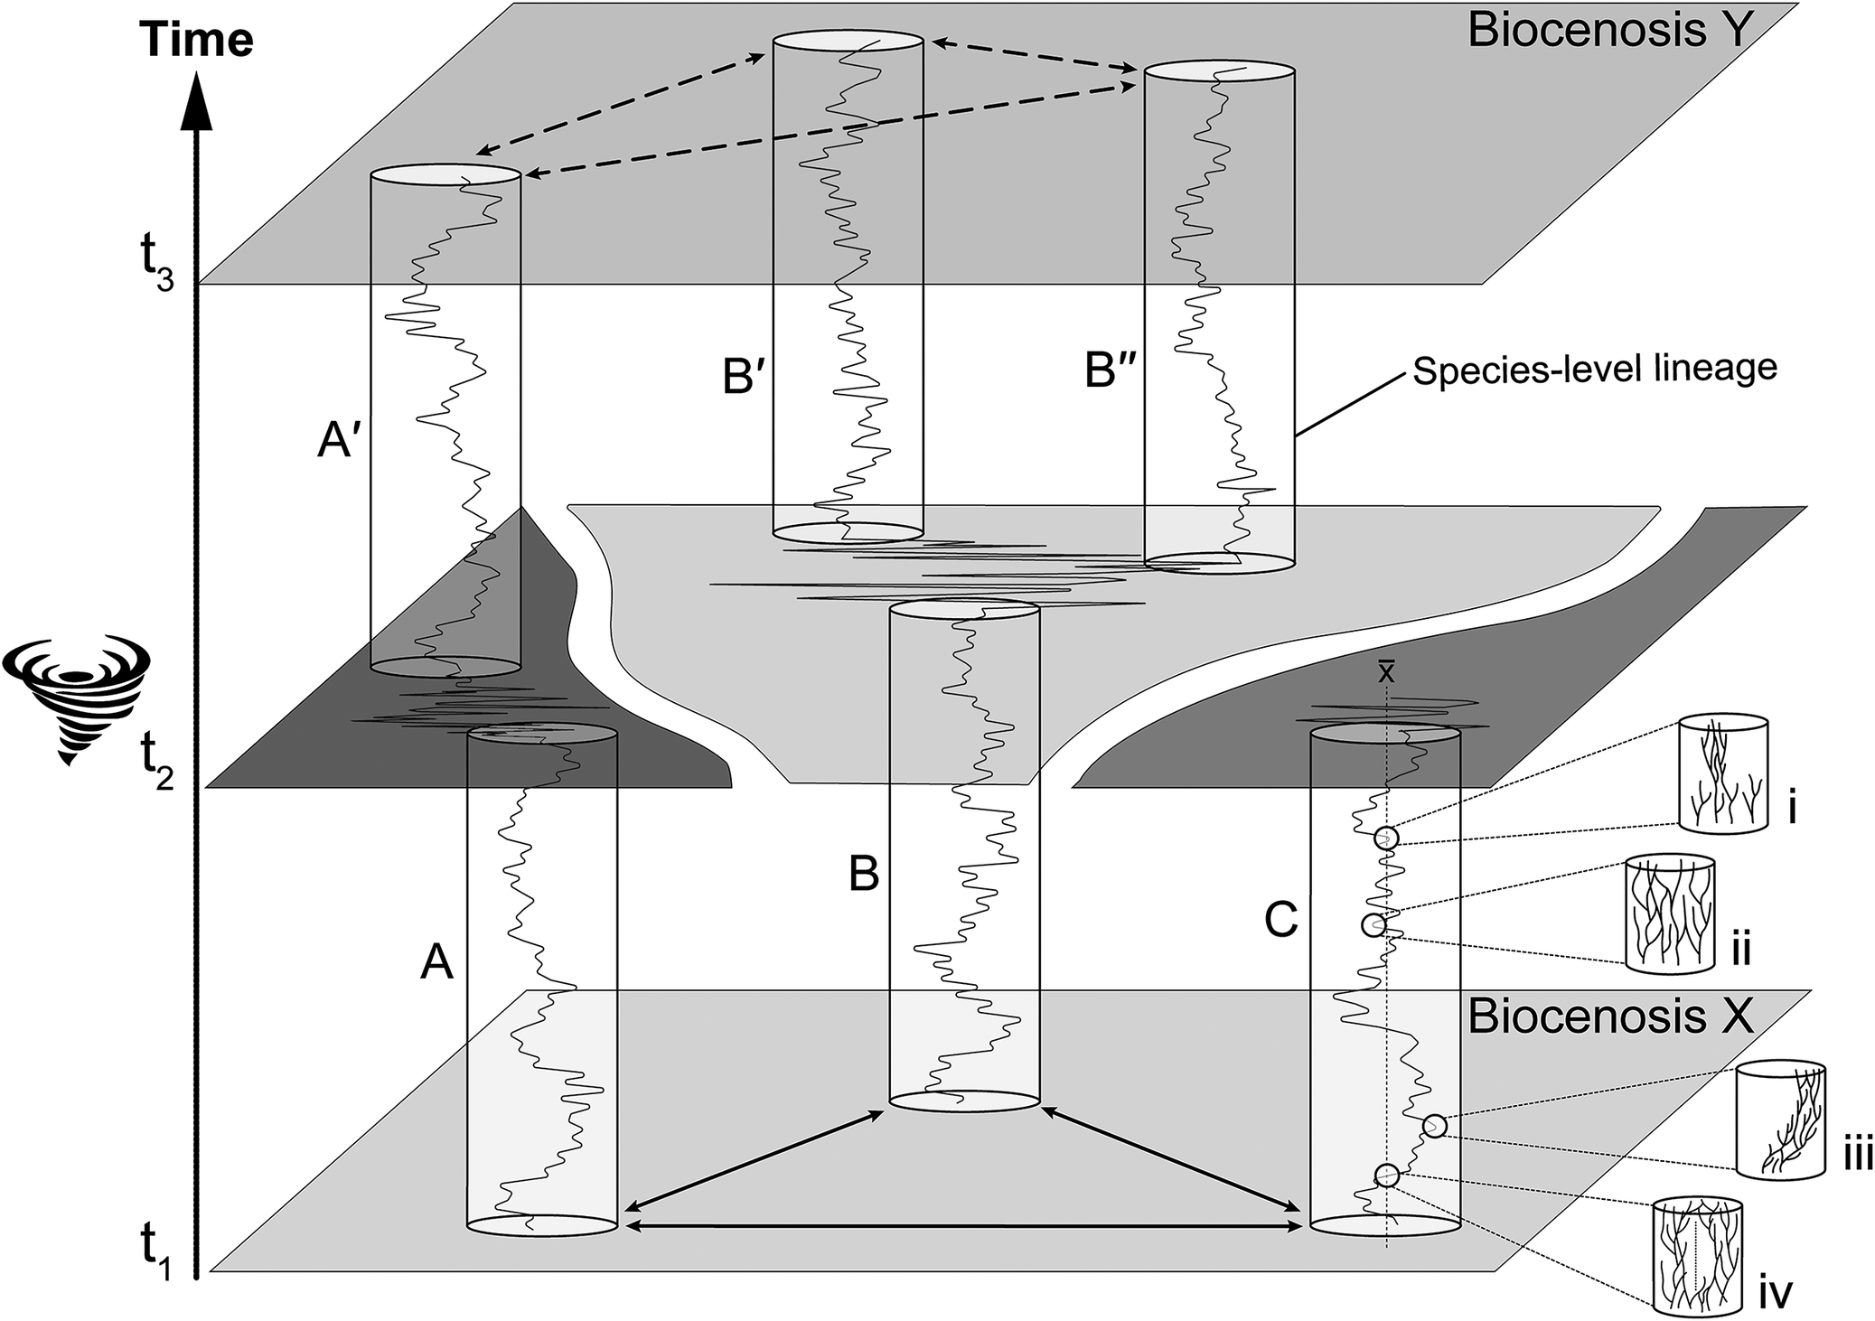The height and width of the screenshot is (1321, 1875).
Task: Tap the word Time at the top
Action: click(196, 41)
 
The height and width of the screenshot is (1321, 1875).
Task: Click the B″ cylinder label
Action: click(1109, 371)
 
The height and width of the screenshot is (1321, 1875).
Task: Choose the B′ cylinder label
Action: click(744, 377)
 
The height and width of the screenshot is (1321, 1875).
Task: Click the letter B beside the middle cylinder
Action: click(863, 875)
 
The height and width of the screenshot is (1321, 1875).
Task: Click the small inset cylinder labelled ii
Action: click(1669, 914)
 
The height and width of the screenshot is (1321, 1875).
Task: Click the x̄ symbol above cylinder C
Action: click(1385, 671)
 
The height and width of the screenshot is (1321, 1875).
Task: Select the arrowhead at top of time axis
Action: click(197, 99)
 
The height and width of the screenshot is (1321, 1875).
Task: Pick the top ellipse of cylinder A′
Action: click(445, 175)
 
